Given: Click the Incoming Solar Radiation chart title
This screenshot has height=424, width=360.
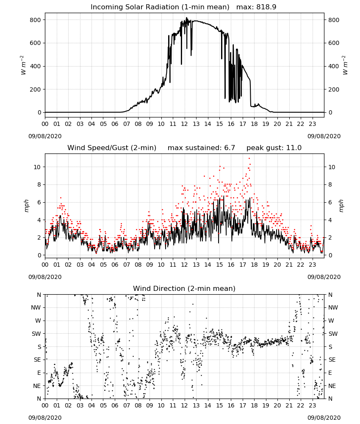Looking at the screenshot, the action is point(183,7).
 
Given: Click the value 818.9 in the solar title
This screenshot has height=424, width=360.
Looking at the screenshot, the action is point(266,7).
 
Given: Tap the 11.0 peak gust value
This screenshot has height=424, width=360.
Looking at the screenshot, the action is point(294,148).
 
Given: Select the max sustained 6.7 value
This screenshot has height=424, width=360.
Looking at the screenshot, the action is point(230,148).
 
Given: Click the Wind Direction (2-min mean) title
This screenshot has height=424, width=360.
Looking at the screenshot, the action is point(184,288).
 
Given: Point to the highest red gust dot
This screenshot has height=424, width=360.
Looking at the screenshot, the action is point(249,158).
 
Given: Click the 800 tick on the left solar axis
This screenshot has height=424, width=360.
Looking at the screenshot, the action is point(36,20).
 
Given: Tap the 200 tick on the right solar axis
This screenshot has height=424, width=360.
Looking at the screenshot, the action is point(334,89).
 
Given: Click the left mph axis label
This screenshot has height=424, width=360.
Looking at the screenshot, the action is point(26,206).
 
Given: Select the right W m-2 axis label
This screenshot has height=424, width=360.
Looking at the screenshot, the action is point(345,65).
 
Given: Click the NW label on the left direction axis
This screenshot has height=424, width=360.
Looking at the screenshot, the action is point(36,307).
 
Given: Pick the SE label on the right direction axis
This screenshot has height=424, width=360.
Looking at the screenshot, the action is point(332,360).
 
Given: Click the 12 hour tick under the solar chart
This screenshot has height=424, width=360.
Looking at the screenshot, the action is point(185,124).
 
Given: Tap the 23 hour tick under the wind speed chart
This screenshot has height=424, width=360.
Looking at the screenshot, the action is point(313,265).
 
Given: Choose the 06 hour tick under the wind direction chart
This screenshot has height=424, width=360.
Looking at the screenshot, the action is point(115,406).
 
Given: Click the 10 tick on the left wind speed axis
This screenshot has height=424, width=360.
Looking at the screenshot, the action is point(37,167).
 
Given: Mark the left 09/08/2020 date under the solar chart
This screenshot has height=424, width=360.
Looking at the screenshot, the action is point(45,136).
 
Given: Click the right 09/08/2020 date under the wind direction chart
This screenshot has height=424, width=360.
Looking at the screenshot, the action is point(324,418).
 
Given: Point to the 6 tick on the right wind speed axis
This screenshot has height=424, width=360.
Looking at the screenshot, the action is point(330,202).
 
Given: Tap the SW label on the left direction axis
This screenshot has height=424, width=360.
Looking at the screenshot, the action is point(36,334).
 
